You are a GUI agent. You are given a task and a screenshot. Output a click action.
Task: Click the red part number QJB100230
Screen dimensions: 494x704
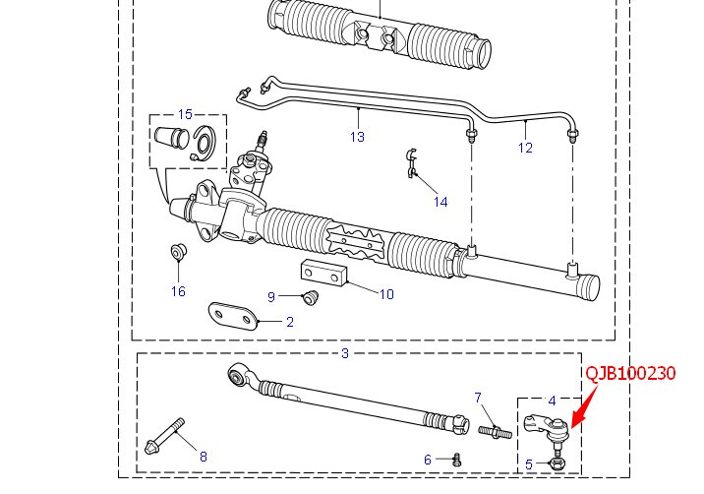[x=630, y=374]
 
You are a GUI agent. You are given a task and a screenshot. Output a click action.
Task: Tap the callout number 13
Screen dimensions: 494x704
[x=357, y=137]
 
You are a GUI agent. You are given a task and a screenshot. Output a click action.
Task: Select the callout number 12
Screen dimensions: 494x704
[x=525, y=148]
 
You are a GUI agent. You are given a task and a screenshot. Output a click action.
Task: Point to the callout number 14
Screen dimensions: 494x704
[x=440, y=202]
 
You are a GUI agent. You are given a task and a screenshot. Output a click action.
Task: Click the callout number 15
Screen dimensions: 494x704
[x=185, y=114]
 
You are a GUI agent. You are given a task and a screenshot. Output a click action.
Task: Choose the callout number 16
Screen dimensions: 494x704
[x=178, y=290]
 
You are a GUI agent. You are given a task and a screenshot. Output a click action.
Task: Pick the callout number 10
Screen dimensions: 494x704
[x=386, y=293]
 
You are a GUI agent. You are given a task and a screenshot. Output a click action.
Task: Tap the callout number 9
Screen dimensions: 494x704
[x=271, y=296]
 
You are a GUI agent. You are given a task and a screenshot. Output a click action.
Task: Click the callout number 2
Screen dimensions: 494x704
[x=290, y=321]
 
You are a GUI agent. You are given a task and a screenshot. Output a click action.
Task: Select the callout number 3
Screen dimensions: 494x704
[x=344, y=352]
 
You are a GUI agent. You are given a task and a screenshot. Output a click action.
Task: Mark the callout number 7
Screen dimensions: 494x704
[x=479, y=398]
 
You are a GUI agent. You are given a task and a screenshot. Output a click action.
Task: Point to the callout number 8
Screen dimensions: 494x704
[x=204, y=456]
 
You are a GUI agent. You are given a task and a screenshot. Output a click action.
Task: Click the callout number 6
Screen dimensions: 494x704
[x=428, y=460]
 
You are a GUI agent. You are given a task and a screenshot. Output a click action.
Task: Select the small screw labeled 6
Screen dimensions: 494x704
[x=457, y=459]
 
